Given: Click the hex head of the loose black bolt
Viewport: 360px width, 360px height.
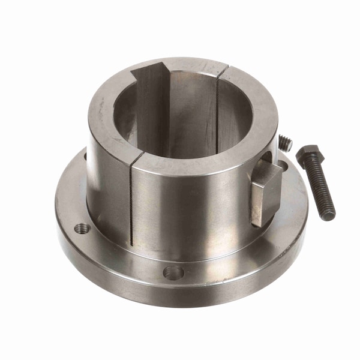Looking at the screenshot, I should pos(310,154).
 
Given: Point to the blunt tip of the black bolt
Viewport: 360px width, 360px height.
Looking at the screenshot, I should pos(331,215).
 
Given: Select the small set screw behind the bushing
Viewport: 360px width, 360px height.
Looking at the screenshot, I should pos(285,143).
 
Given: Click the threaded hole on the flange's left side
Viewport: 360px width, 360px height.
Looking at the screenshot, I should pos(82,228).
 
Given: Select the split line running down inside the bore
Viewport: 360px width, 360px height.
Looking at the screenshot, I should pos(217,114).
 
